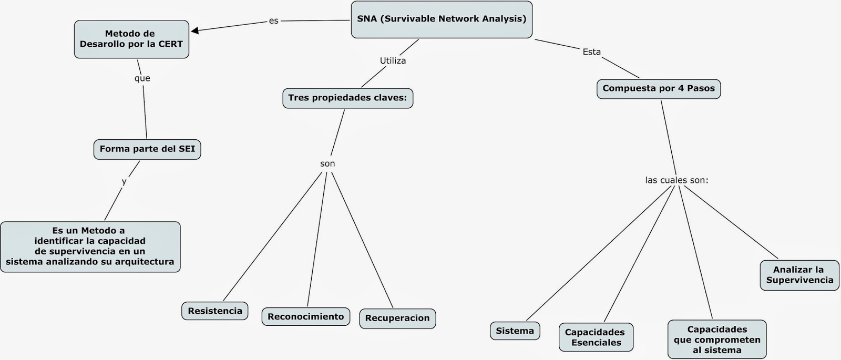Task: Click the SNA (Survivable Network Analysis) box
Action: [442, 19]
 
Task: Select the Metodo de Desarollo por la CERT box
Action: [131, 39]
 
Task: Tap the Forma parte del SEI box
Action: [147, 149]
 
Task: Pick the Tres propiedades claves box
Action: [347, 98]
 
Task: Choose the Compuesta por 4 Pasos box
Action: [659, 88]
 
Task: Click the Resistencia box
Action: [215, 311]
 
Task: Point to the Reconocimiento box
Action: [305, 317]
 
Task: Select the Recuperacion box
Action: [397, 318]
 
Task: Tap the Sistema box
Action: [515, 331]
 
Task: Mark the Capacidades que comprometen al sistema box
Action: [717, 340]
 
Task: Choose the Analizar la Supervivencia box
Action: [799, 275]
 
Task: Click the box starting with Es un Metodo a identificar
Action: [90, 246]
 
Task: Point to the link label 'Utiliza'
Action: [393, 61]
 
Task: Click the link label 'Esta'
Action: [591, 52]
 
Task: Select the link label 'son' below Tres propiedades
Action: [327, 164]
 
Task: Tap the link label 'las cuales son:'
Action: [676, 180]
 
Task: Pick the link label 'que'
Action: [142, 79]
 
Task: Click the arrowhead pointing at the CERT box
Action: [194, 30]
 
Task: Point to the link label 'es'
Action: [273, 21]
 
